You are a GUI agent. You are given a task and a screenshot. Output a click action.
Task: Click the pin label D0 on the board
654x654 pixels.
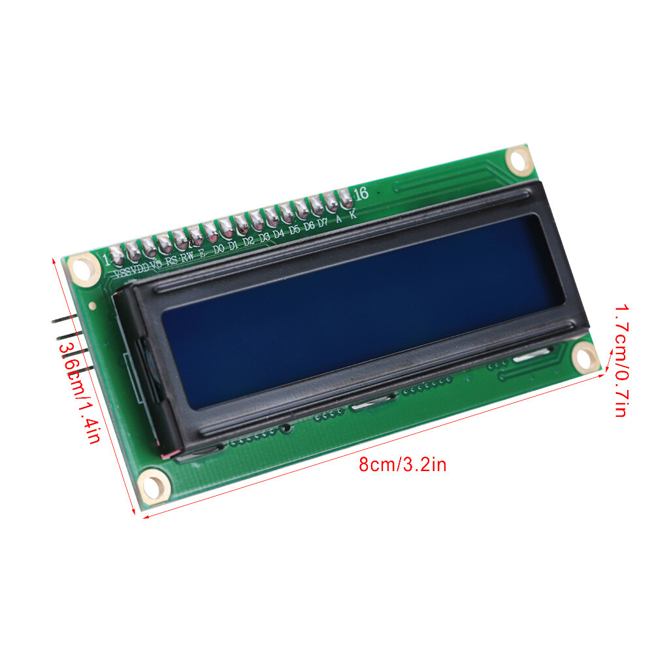219,248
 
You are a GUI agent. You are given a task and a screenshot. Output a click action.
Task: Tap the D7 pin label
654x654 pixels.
323,222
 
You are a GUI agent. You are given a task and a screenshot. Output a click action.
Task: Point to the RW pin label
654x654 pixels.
187,256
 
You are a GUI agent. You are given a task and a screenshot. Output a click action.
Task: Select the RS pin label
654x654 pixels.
171,260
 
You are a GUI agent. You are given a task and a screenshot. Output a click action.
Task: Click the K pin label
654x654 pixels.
353,214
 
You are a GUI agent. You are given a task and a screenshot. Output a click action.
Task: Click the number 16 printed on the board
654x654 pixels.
361,193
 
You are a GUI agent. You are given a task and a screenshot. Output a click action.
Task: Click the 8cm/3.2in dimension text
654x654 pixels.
402,465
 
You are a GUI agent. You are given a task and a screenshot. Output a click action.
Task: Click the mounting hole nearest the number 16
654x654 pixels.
519,159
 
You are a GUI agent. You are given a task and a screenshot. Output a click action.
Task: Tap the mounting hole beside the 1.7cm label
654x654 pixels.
585,358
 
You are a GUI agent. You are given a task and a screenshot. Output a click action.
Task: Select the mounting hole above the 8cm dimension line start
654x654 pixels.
155,485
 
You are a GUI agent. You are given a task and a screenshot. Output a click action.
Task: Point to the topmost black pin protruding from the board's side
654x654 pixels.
65,320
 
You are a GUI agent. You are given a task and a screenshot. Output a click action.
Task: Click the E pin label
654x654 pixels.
203,252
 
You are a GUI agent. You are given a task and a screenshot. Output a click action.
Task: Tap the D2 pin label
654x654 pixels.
249,241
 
